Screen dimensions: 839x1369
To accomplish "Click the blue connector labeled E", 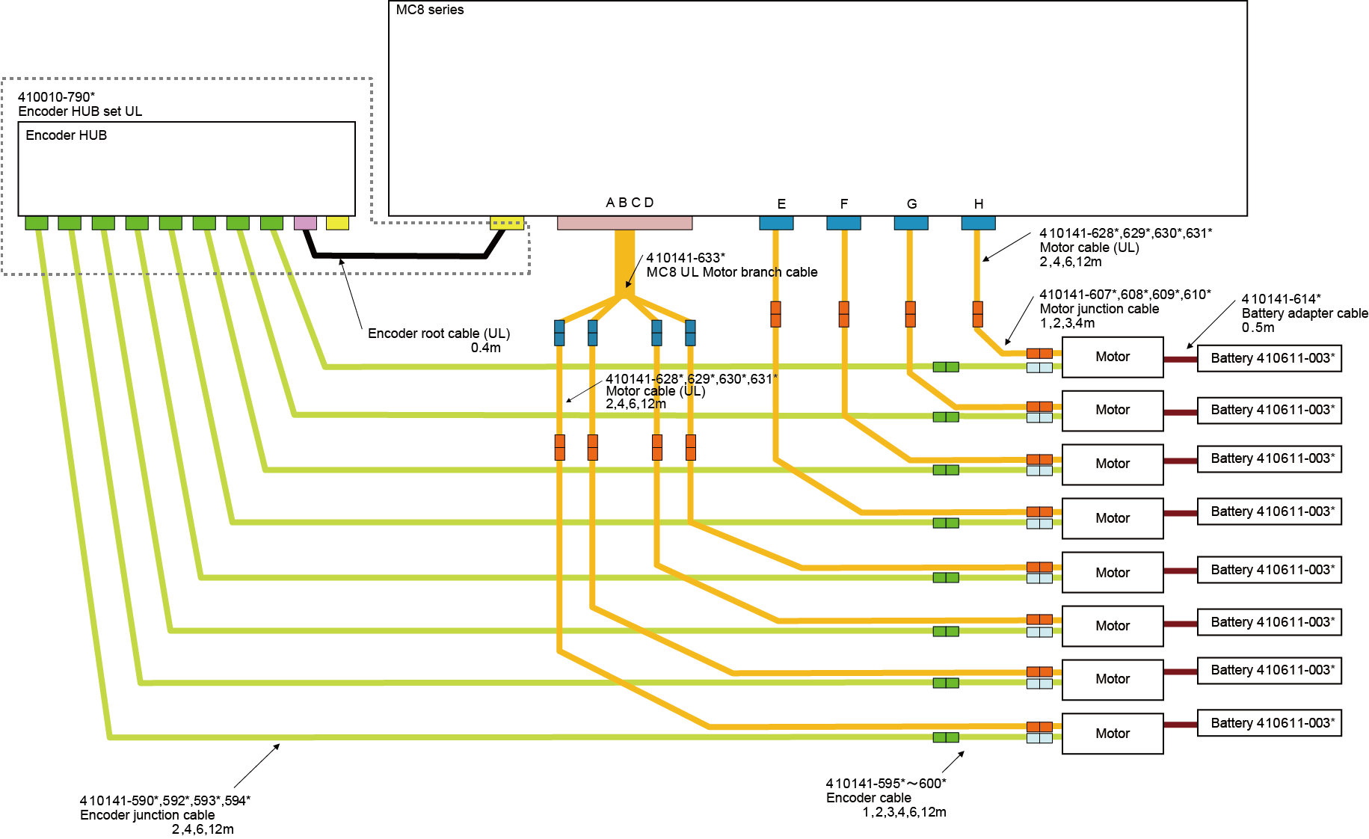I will click(x=776, y=223).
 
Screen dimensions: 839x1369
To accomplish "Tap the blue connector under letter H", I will click(x=978, y=223).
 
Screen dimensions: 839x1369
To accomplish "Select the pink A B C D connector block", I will click(x=624, y=223).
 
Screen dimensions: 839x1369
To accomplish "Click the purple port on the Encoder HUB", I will click(x=305, y=223).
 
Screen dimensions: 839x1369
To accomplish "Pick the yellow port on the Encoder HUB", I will click(x=337, y=223).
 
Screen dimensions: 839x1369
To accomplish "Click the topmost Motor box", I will click(x=1113, y=357).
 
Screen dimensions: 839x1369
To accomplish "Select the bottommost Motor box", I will click(x=1113, y=734).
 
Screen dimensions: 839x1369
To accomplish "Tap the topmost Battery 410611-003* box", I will click(x=1269, y=358).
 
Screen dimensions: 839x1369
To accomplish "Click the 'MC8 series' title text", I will click(x=430, y=10).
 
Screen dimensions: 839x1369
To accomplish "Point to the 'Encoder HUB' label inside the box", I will click(x=67, y=135).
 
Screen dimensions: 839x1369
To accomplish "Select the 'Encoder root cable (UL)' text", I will click(x=438, y=334).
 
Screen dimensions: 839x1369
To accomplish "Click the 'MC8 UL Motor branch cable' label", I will click(x=731, y=272).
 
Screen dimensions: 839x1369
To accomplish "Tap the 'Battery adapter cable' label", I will click(x=1304, y=313).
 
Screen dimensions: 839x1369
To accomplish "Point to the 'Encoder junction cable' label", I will click(x=147, y=815).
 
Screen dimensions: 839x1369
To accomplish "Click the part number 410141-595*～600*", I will click(x=886, y=784).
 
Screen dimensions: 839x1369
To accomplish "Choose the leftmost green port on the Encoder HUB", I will click(x=37, y=223).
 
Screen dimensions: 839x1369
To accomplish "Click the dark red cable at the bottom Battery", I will click(x=1180, y=725).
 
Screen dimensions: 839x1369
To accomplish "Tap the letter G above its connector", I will click(x=911, y=204).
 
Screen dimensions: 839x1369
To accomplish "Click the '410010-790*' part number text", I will click(x=56, y=97).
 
